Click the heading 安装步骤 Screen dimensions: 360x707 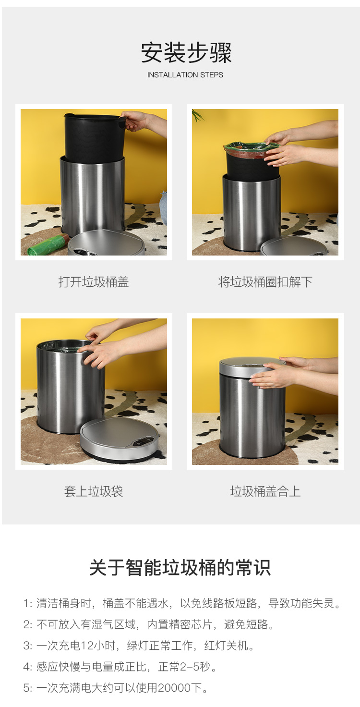186,53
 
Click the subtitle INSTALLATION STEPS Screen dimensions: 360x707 185,75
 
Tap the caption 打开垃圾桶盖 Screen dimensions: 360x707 94,282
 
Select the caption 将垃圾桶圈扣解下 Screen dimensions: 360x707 265,282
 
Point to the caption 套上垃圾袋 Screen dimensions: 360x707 94,491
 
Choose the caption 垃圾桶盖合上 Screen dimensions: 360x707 265,491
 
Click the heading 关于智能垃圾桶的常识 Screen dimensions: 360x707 180,568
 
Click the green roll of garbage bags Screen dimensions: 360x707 48,244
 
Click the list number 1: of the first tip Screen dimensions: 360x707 28,603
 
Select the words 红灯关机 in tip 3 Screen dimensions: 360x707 226,646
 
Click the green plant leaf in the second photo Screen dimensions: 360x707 197,115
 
